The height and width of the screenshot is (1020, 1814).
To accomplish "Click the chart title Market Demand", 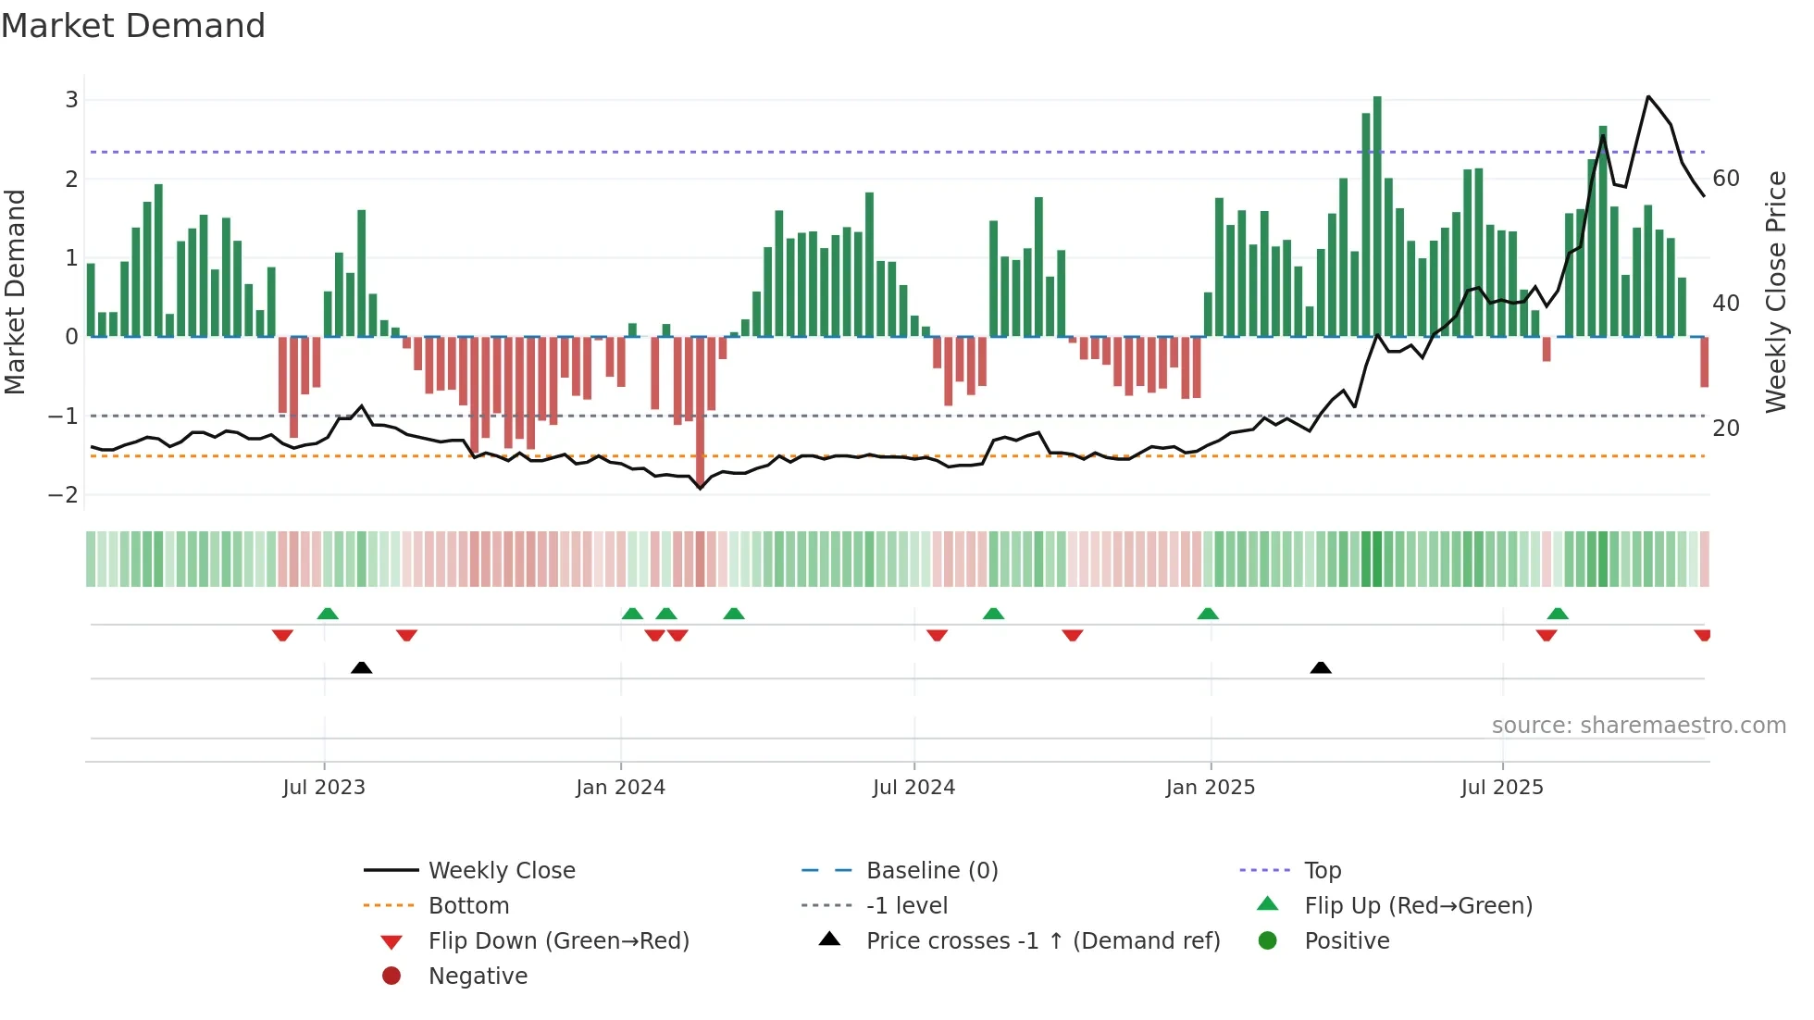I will (x=133, y=26).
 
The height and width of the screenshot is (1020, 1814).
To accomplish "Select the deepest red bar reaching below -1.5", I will (x=701, y=407).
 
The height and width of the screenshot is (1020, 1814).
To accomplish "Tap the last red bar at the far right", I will (x=1704, y=362).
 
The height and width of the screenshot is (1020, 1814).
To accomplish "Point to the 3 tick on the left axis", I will (x=71, y=99).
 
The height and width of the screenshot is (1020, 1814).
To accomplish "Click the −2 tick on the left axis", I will (x=64, y=494).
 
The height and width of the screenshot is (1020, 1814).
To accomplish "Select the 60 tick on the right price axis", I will (x=1726, y=178).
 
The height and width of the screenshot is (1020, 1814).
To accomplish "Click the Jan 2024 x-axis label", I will (x=620, y=788).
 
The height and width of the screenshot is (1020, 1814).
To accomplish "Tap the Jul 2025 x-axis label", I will (x=1502, y=788).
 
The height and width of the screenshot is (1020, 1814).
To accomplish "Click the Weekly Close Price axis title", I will (x=1775, y=292).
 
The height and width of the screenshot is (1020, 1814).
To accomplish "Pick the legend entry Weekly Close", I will (x=501, y=870).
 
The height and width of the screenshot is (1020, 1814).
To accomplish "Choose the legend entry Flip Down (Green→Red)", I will (x=558, y=940).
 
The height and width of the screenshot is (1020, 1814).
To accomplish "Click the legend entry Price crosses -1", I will (x=1042, y=940).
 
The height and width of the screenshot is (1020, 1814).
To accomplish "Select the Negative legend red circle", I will (x=391, y=976).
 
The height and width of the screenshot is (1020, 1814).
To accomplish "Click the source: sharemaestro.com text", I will (x=1638, y=725).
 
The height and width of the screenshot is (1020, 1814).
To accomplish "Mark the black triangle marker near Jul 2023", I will (x=362, y=667).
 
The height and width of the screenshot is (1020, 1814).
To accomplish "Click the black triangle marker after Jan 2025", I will (x=1321, y=667).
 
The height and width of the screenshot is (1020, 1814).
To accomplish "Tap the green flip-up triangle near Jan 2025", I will (x=1208, y=614).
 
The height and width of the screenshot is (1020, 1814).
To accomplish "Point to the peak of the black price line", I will (x=1648, y=96).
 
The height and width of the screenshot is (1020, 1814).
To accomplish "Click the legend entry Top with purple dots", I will (x=1322, y=870).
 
